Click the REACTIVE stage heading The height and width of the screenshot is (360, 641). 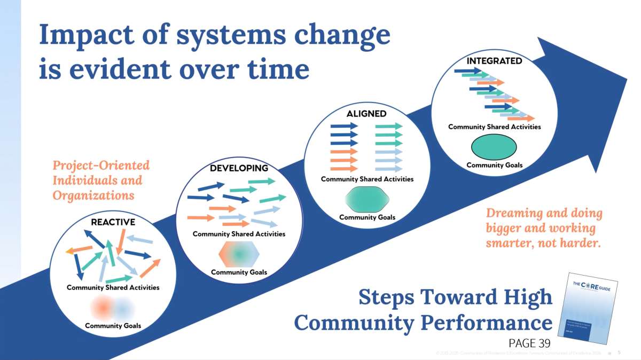pyautogui.click(x=113, y=222)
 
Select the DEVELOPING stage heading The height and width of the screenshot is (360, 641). pyautogui.click(x=239, y=168)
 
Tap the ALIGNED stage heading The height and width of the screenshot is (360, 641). pyautogui.click(x=366, y=114)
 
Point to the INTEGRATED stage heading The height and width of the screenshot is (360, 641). pyautogui.click(x=494, y=61)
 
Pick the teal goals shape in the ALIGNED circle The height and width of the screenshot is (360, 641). pyautogui.click(x=367, y=200)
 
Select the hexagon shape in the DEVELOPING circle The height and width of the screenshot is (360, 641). pyautogui.click(x=239, y=253)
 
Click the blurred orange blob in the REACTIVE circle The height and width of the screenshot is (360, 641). pyautogui.click(x=101, y=307)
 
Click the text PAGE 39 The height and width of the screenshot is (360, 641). pyautogui.click(x=529, y=343)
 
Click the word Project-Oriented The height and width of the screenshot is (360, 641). pyautogui.click(x=101, y=166)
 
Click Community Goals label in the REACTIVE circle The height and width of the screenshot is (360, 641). pyautogui.click(x=113, y=325)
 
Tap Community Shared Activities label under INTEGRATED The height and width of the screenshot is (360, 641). pyautogui.click(x=494, y=127)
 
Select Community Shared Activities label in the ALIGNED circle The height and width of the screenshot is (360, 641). pyautogui.click(x=367, y=179)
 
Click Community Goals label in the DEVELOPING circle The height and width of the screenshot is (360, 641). pyautogui.click(x=239, y=272)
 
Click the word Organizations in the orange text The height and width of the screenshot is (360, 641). pyautogui.click(x=93, y=195)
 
